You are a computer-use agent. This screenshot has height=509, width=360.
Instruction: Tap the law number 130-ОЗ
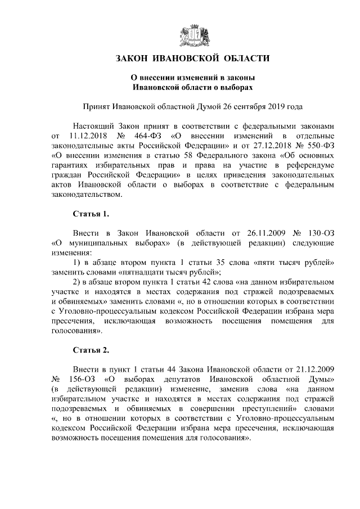point(319,233)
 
